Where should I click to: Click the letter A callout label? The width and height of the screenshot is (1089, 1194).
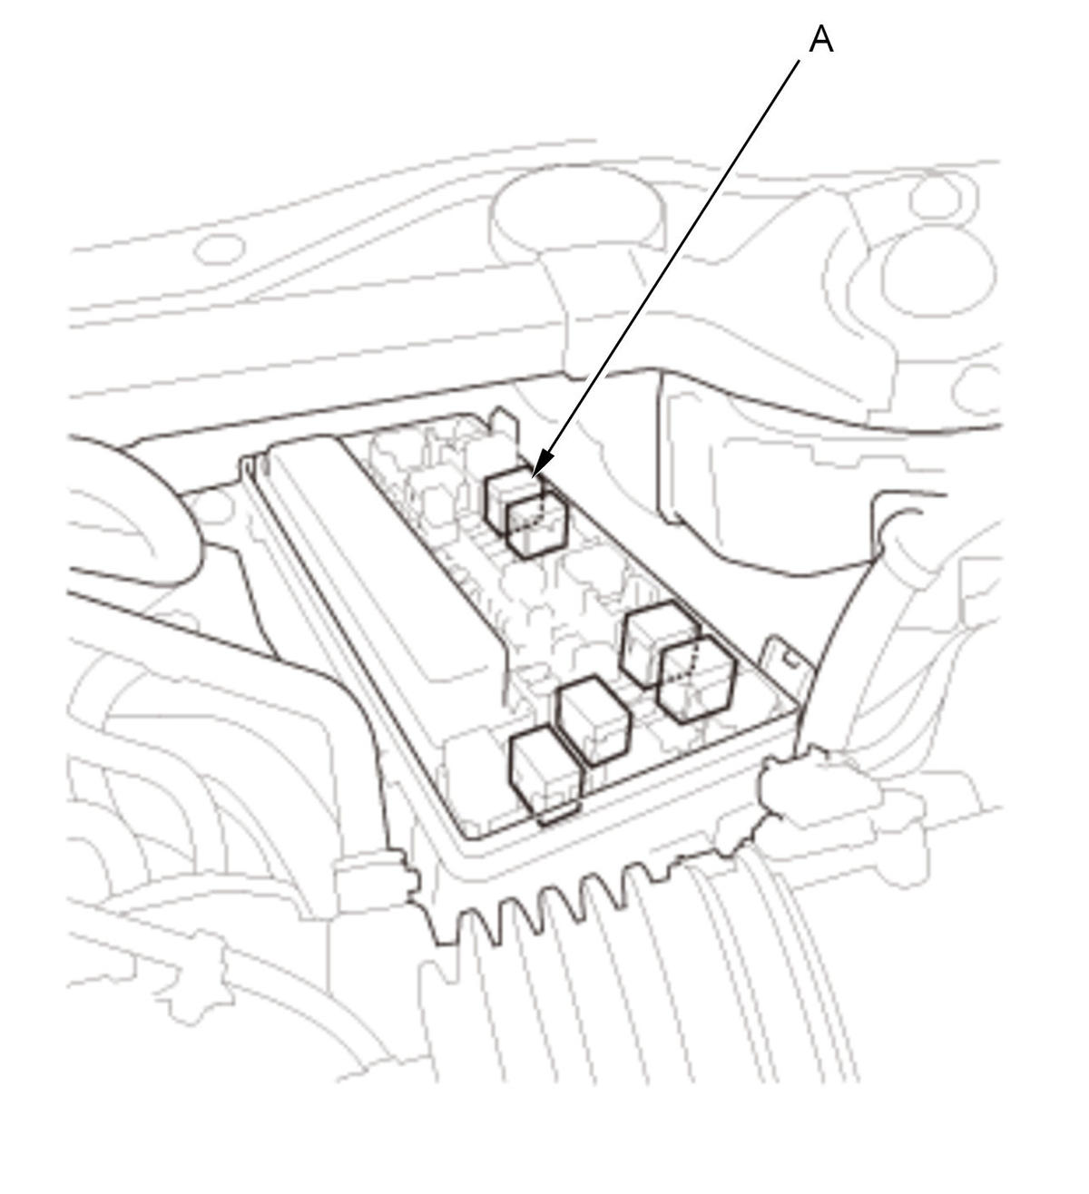[x=820, y=40]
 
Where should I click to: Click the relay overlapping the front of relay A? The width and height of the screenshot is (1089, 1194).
[x=537, y=528]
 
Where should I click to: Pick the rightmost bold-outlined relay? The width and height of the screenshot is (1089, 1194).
[x=697, y=680]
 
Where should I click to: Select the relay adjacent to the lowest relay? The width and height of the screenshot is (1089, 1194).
[x=594, y=720]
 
